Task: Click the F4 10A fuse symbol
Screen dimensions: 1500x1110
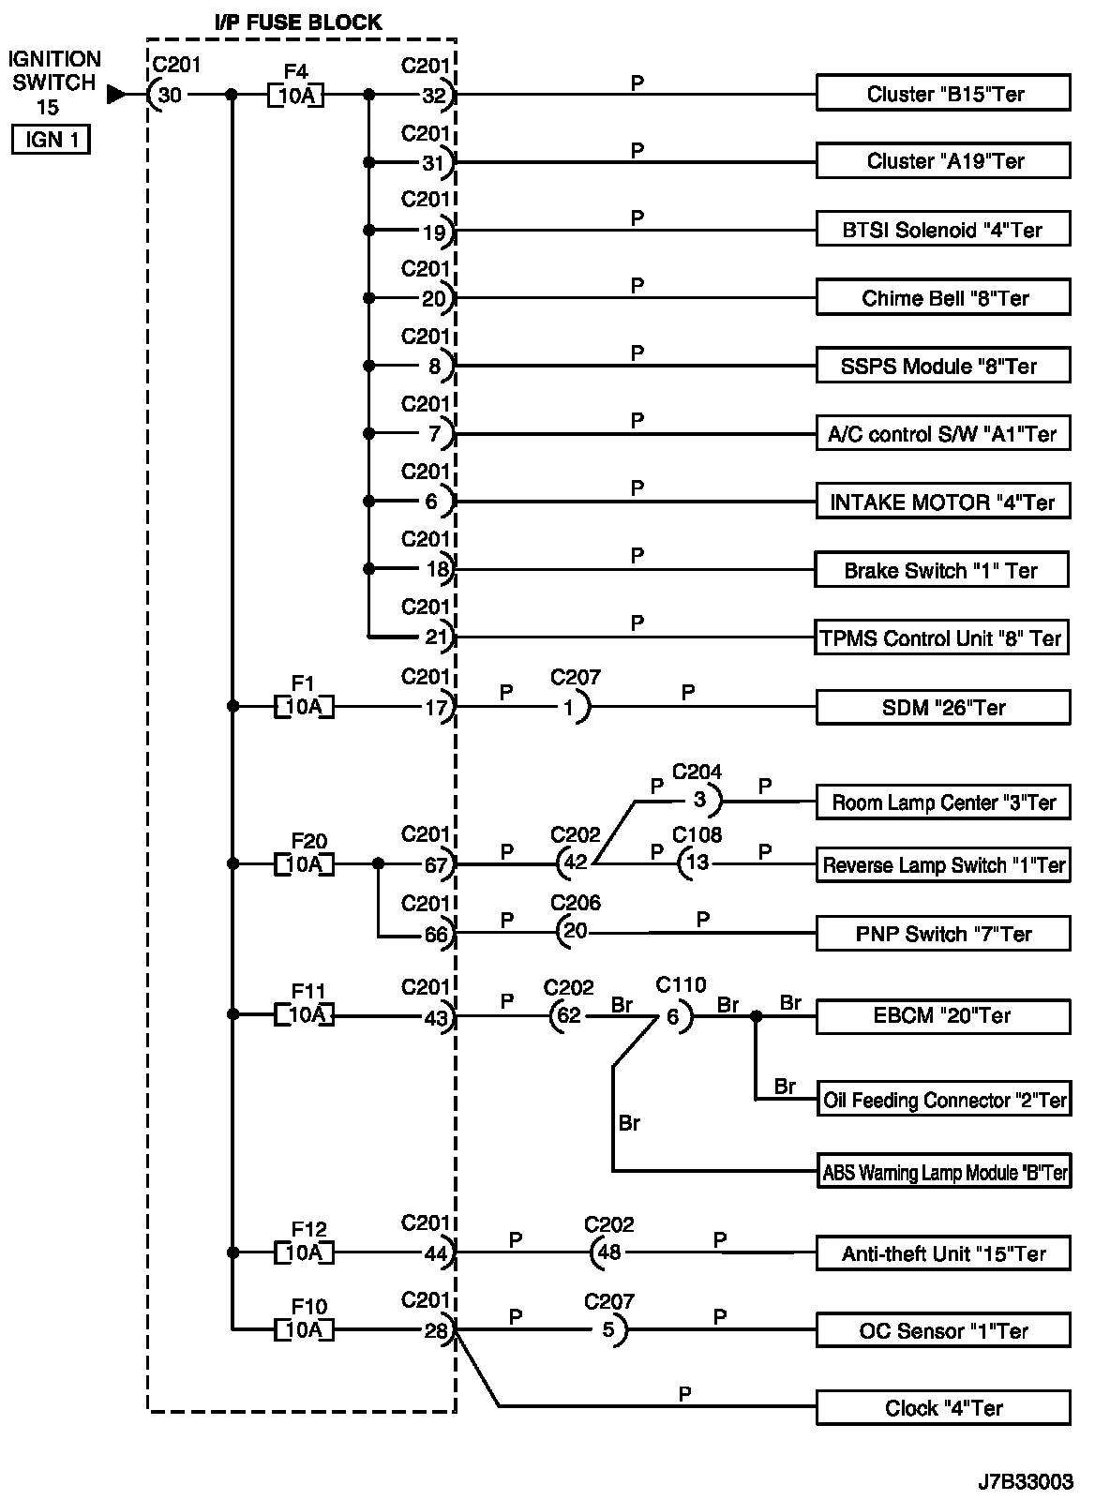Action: coord(295,95)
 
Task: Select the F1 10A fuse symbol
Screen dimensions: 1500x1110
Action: coord(304,707)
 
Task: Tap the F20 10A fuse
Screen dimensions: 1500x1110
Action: coord(304,863)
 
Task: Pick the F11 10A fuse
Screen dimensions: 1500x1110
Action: coord(304,1014)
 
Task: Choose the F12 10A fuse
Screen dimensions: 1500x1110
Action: coord(304,1252)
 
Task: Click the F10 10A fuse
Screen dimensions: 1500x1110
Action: coord(304,1329)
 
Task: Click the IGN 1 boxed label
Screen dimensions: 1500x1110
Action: coord(51,141)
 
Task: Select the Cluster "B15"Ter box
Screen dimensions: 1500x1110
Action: coord(943,94)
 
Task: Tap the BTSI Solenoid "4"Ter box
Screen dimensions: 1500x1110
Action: coord(943,230)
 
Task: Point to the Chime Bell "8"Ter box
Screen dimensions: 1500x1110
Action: coord(943,298)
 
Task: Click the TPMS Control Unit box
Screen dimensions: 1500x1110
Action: coord(941,638)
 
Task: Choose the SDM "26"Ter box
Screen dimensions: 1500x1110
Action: coord(943,708)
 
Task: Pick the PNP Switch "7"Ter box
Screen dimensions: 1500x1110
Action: coord(943,934)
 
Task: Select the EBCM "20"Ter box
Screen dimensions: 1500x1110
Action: coord(943,1015)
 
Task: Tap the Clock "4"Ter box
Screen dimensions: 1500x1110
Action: coord(943,1408)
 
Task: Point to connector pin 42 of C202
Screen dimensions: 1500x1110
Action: coord(574,863)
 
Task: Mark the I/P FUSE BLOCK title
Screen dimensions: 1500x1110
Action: coord(299,22)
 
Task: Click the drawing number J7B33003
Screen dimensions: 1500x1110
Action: coord(1026,1482)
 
